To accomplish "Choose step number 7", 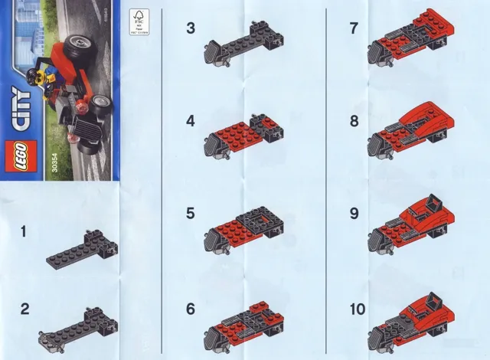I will pos(353,28).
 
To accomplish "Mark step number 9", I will pos(353,212).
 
